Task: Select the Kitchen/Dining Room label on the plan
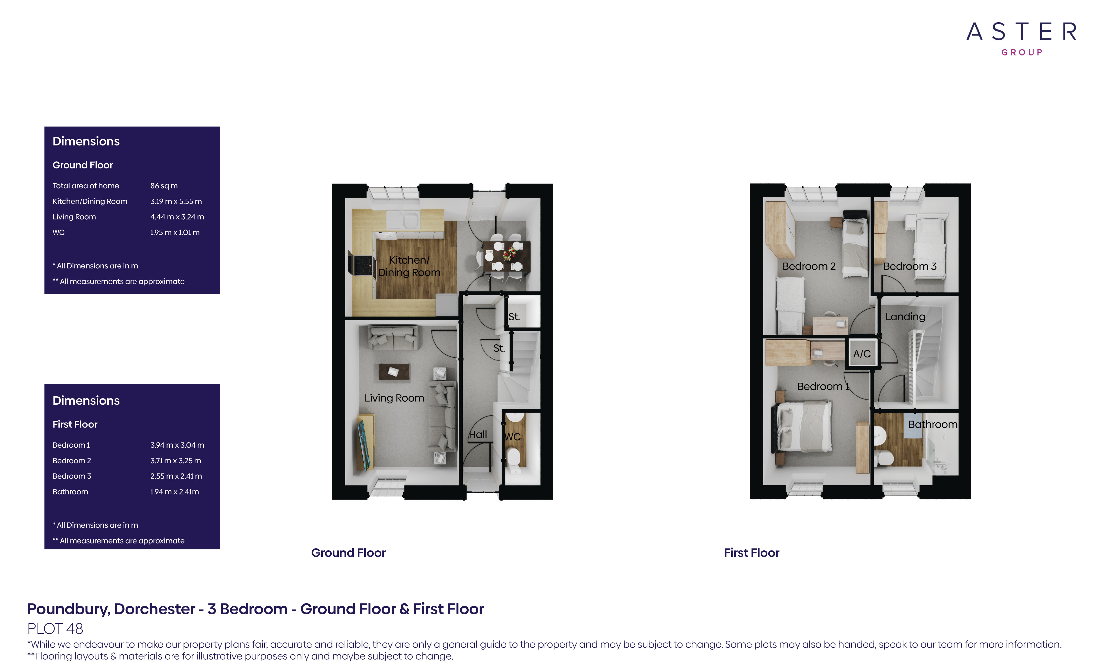coord(409,266)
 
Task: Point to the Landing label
coord(905,317)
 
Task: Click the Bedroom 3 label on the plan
coord(910,266)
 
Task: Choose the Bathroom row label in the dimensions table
coord(70,492)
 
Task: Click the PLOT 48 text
coord(55,629)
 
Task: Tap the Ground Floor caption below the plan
coord(348,553)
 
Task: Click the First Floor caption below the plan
coord(751,553)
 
